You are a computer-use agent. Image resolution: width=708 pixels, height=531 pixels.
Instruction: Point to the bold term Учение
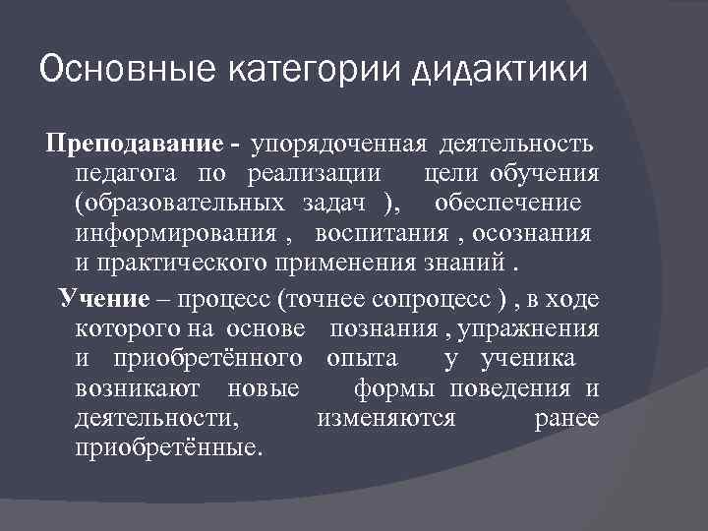[103, 298]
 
